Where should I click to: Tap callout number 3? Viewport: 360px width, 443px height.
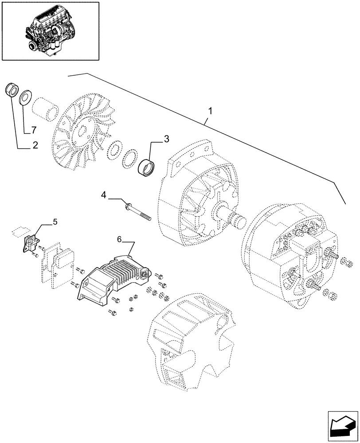[x=166, y=139]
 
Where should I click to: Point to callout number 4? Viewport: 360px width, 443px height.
[x=103, y=194]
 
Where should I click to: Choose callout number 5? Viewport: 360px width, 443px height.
[x=55, y=222]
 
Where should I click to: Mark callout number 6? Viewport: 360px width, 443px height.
[x=119, y=239]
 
